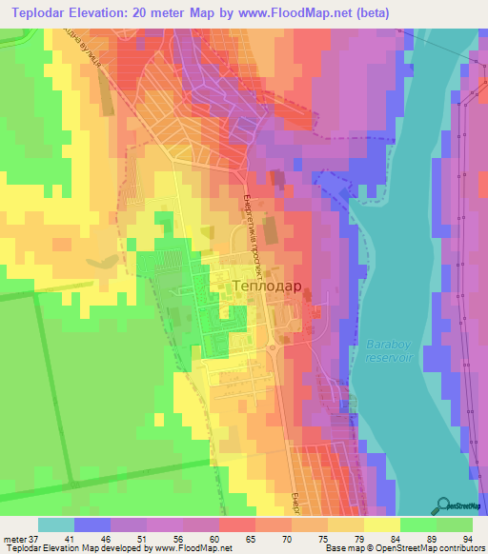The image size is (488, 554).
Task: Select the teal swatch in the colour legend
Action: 56,524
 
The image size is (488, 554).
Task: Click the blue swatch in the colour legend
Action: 92,524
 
